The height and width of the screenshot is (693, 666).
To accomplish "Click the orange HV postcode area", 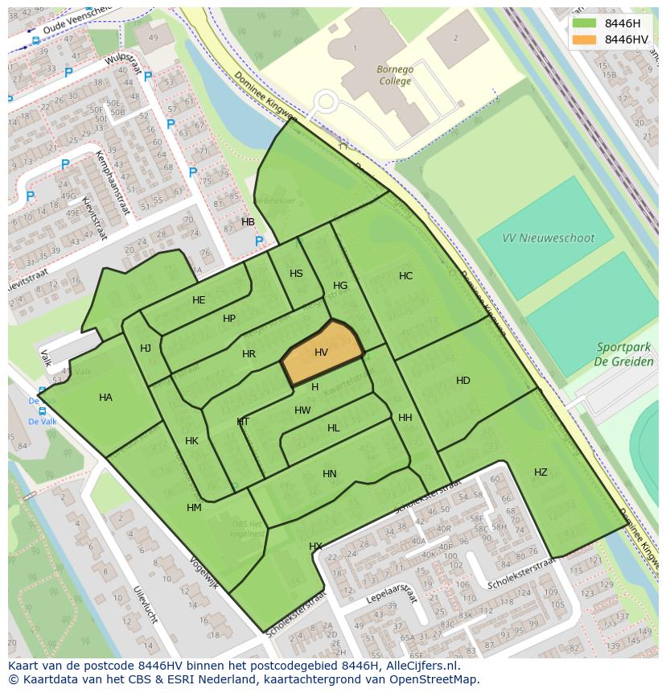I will [x=322, y=353].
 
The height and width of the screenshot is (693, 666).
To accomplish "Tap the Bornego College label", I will [x=395, y=75].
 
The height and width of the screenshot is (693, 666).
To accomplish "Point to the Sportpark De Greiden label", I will [x=623, y=354].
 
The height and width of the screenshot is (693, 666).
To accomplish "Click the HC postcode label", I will [x=406, y=276].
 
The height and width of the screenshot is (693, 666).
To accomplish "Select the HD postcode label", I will [x=463, y=381].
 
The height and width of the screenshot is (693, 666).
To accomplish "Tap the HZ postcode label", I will [x=541, y=472].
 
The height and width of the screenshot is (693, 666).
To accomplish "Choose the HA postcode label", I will [x=105, y=398].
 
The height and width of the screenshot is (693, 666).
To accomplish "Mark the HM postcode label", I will [x=194, y=508].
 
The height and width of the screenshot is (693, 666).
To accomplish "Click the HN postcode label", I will [x=330, y=474].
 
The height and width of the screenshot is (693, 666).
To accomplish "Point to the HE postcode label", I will [x=199, y=300].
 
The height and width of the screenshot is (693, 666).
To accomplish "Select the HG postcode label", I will [x=340, y=286].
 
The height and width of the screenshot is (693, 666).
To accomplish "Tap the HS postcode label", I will [x=296, y=274].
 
